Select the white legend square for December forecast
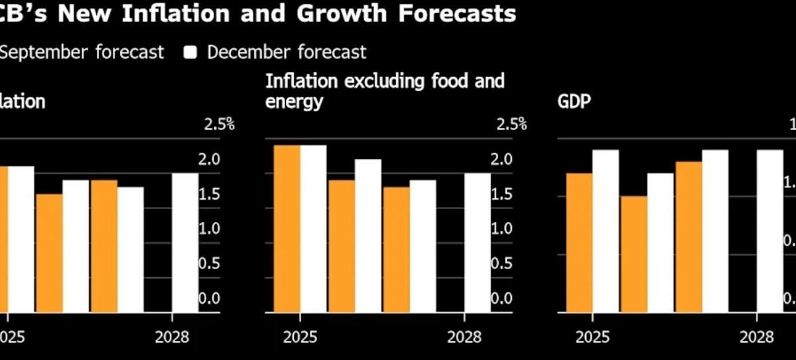(x=191, y=52)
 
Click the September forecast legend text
(x=80, y=52)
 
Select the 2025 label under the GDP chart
(x=592, y=337)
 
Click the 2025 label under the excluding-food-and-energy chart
(x=300, y=337)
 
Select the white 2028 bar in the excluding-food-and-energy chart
(x=478, y=242)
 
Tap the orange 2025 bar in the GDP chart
(x=579, y=242)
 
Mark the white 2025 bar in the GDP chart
(x=606, y=230)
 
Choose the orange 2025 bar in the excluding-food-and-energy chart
(x=287, y=228)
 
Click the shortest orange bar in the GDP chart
(x=633, y=253)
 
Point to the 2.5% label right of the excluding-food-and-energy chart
(x=511, y=125)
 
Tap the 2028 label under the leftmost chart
(x=172, y=337)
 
